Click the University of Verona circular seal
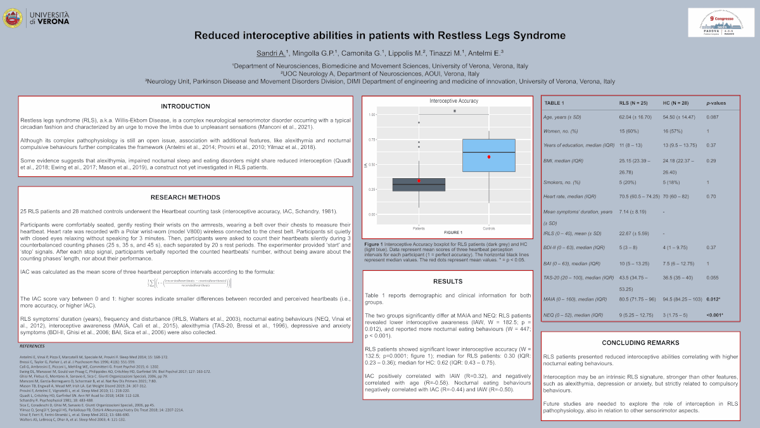(11, 18)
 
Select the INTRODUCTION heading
(185, 106)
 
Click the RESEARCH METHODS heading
(185, 198)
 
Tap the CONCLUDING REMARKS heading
(640, 342)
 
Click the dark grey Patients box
(419, 185)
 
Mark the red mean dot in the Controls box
(489, 157)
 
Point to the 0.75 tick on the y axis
(372, 139)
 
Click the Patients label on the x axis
(419, 227)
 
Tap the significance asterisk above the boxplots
(454, 112)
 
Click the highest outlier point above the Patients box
(419, 122)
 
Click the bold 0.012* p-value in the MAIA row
(715, 298)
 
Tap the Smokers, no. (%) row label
(561, 183)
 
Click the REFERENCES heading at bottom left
(32, 346)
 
